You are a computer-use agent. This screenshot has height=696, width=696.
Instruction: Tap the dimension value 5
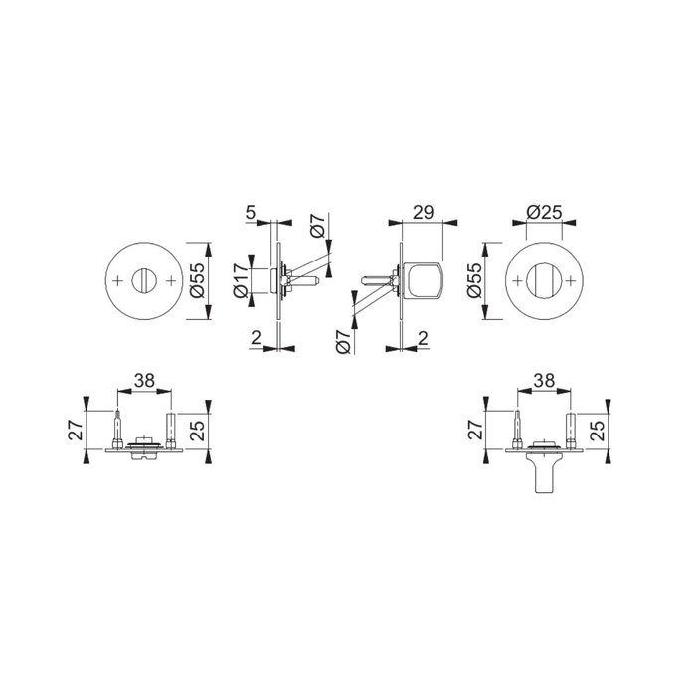[x=251, y=212]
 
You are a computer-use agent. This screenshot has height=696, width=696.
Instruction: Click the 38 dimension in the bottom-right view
[x=544, y=380]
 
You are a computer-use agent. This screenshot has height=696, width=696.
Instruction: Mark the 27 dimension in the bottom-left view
[x=76, y=429]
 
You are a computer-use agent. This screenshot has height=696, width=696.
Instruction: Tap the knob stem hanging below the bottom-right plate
[x=543, y=477]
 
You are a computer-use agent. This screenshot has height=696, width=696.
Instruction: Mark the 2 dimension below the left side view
[x=256, y=339]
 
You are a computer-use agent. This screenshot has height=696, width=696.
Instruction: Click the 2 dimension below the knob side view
[x=424, y=339]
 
